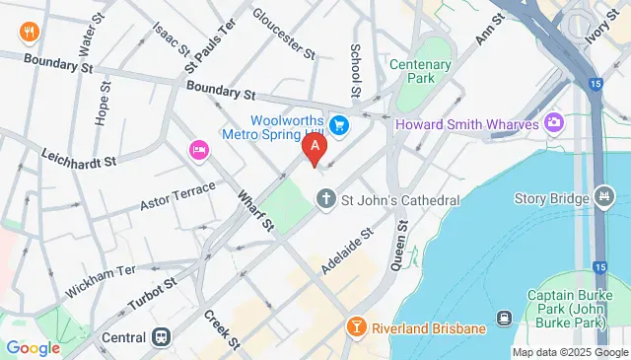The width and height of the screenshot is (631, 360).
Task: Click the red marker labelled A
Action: (x=315, y=150)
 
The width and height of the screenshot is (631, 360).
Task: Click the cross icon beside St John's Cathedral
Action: (x=326, y=200)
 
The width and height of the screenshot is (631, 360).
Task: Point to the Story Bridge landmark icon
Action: (x=603, y=198)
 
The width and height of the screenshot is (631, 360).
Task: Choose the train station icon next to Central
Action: (x=160, y=336)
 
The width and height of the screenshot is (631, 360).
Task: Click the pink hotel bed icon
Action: (x=196, y=149)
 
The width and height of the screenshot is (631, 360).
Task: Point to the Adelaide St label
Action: (x=349, y=251)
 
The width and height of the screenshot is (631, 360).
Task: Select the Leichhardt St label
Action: (x=78, y=157)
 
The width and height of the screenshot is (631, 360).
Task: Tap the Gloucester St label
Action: (x=283, y=32)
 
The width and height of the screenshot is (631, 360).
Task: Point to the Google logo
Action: (x=33, y=347)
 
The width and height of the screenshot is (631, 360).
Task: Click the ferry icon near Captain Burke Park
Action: (x=503, y=319)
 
